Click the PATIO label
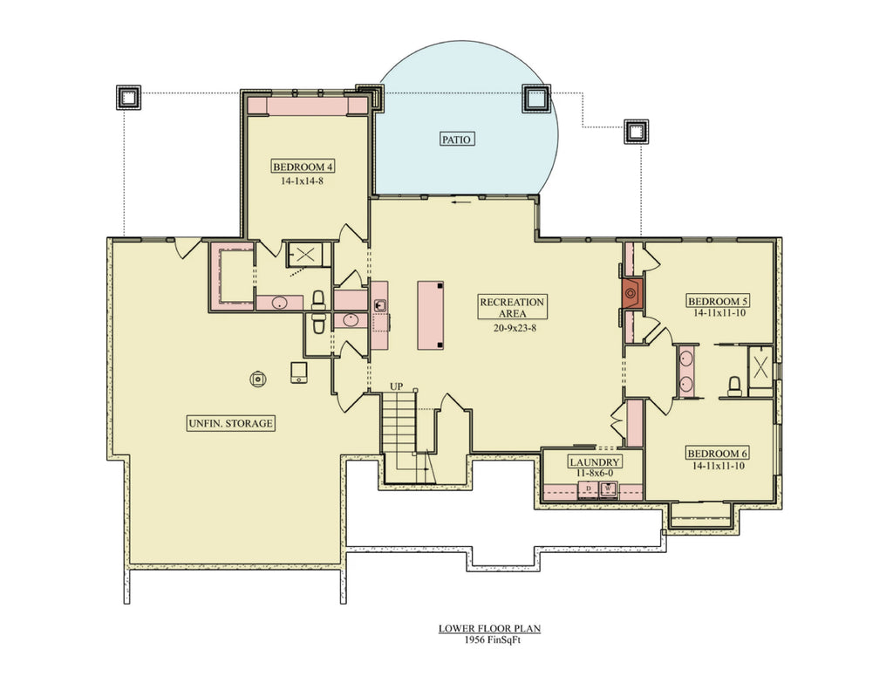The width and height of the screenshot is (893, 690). pyautogui.click(x=456, y=138)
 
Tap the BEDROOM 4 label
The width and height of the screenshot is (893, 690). pyautogui.click(x=303, y=167)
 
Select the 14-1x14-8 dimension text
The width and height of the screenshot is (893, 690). pyautogui.click(x=303, y=182)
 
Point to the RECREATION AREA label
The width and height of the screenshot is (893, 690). pyautogui.click(x=512, y=307)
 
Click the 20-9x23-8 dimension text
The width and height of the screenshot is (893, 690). pyautogui.click(x=512, y=330)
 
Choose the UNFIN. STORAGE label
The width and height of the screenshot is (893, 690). pyautogui.click(x=231, y=424)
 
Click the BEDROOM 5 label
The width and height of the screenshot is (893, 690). pyautogui.click(x=719, y=299)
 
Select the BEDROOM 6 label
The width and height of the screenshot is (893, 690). pyautogui.click(x=719, y=454)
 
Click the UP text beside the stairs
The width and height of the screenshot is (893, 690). pyautogui.click(x=396, y=386)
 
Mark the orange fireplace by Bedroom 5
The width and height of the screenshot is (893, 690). pyautogui.click(x=632, y=294)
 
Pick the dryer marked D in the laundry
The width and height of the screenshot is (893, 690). pyautogui.click(x=589, y=488)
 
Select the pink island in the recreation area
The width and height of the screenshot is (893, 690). pyautogui.click(x=430, y=314)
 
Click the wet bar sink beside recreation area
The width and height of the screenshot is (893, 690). pyautogui.click(x=380, y=305)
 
